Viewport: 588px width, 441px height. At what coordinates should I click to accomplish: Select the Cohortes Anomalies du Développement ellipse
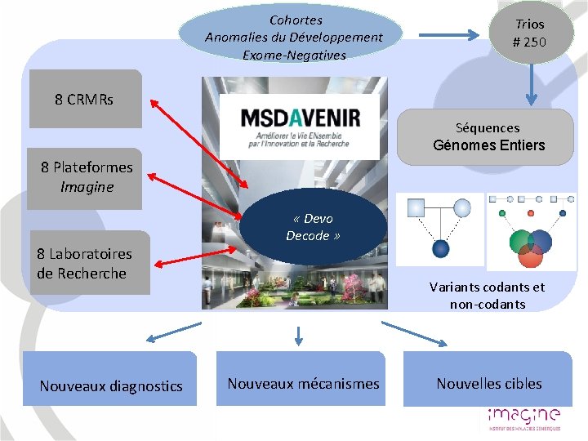coord(293,35)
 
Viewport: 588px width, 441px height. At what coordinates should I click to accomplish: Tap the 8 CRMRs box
coord(85,100)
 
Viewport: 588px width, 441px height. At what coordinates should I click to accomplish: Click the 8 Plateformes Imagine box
coord(85,178)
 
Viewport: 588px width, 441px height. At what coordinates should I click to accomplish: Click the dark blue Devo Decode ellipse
coord(313,229)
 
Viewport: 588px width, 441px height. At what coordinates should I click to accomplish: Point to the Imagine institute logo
coord(523,417)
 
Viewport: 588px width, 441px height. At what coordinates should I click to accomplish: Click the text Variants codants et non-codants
coord(487,296)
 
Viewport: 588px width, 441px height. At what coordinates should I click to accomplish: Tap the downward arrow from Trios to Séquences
coord(531,86)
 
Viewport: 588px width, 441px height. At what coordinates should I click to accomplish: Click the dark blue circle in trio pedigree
coord(441,247)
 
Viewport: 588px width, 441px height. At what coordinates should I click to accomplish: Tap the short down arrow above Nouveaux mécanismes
coord(299,335)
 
